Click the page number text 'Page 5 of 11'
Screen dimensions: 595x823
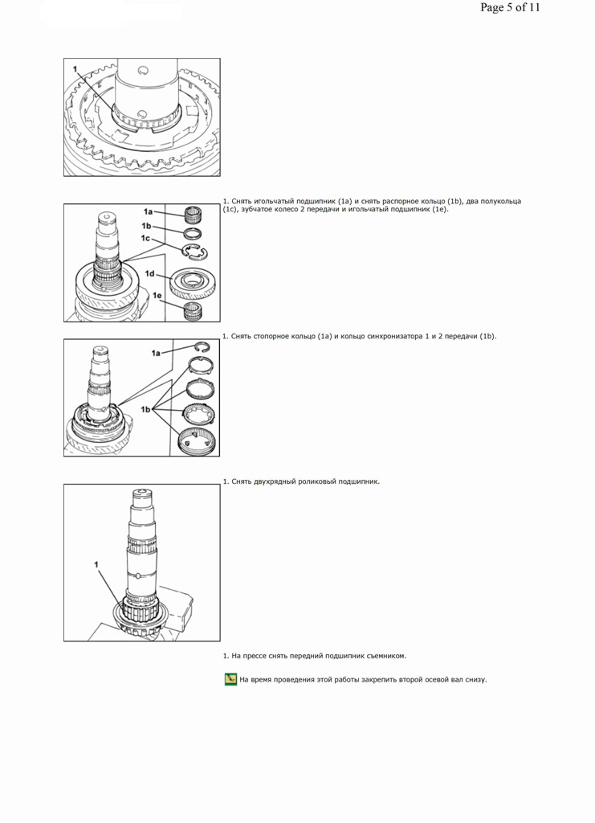[510, 7]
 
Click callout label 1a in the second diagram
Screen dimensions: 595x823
[148, 211]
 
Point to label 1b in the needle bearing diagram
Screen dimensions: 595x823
[146, 226]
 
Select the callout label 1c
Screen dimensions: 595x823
[145, 238]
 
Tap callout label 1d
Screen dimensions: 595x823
[150, 273]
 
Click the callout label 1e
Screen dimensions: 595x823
[157, 296]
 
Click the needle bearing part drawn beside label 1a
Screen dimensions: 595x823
[193, 215]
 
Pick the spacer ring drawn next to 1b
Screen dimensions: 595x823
[193, 234]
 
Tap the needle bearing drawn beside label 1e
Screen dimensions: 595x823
[193, 311]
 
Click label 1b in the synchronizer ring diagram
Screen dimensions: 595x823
[145, 409]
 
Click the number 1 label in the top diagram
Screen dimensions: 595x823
[75, 69]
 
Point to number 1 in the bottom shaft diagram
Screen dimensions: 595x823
[96, 565]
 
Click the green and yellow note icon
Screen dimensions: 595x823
[230, 680]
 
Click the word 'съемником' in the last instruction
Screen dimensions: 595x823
[387, 656]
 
